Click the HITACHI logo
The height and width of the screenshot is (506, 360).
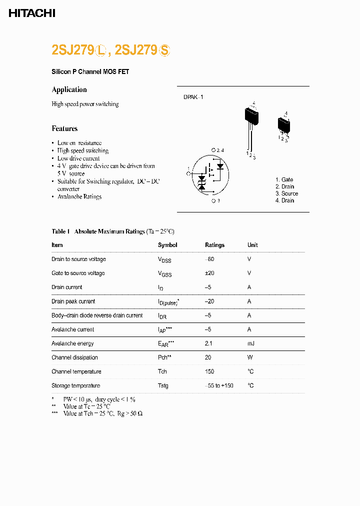[32, 13]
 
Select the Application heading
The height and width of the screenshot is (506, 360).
[69, 89]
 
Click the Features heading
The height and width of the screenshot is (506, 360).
[64, 128]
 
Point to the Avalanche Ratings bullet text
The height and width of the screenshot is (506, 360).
[79, 197]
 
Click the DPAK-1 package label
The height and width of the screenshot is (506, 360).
[193, 97]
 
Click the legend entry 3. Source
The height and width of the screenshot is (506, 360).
[286, 193]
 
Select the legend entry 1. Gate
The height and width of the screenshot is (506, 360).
[284, 179]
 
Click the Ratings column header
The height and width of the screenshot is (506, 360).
[214, 245]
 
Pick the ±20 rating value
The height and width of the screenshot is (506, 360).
[210, 273]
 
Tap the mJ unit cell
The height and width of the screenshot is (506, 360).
[251, 343]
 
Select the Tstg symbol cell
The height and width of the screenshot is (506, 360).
[163, 386]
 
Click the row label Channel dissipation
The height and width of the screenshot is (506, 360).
[74, 357]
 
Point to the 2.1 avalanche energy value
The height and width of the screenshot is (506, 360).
[209, 343]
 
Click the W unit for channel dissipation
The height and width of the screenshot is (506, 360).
[249, 357]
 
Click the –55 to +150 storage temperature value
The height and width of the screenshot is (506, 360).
[218, 386]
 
